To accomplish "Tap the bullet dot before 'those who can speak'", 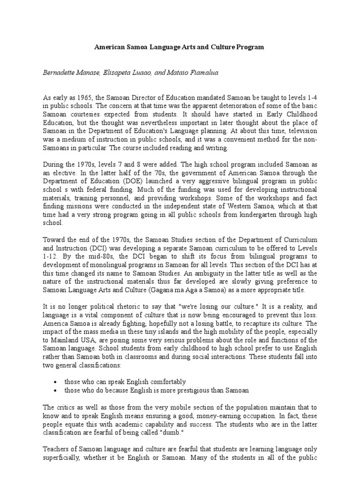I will tap(56, 382).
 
